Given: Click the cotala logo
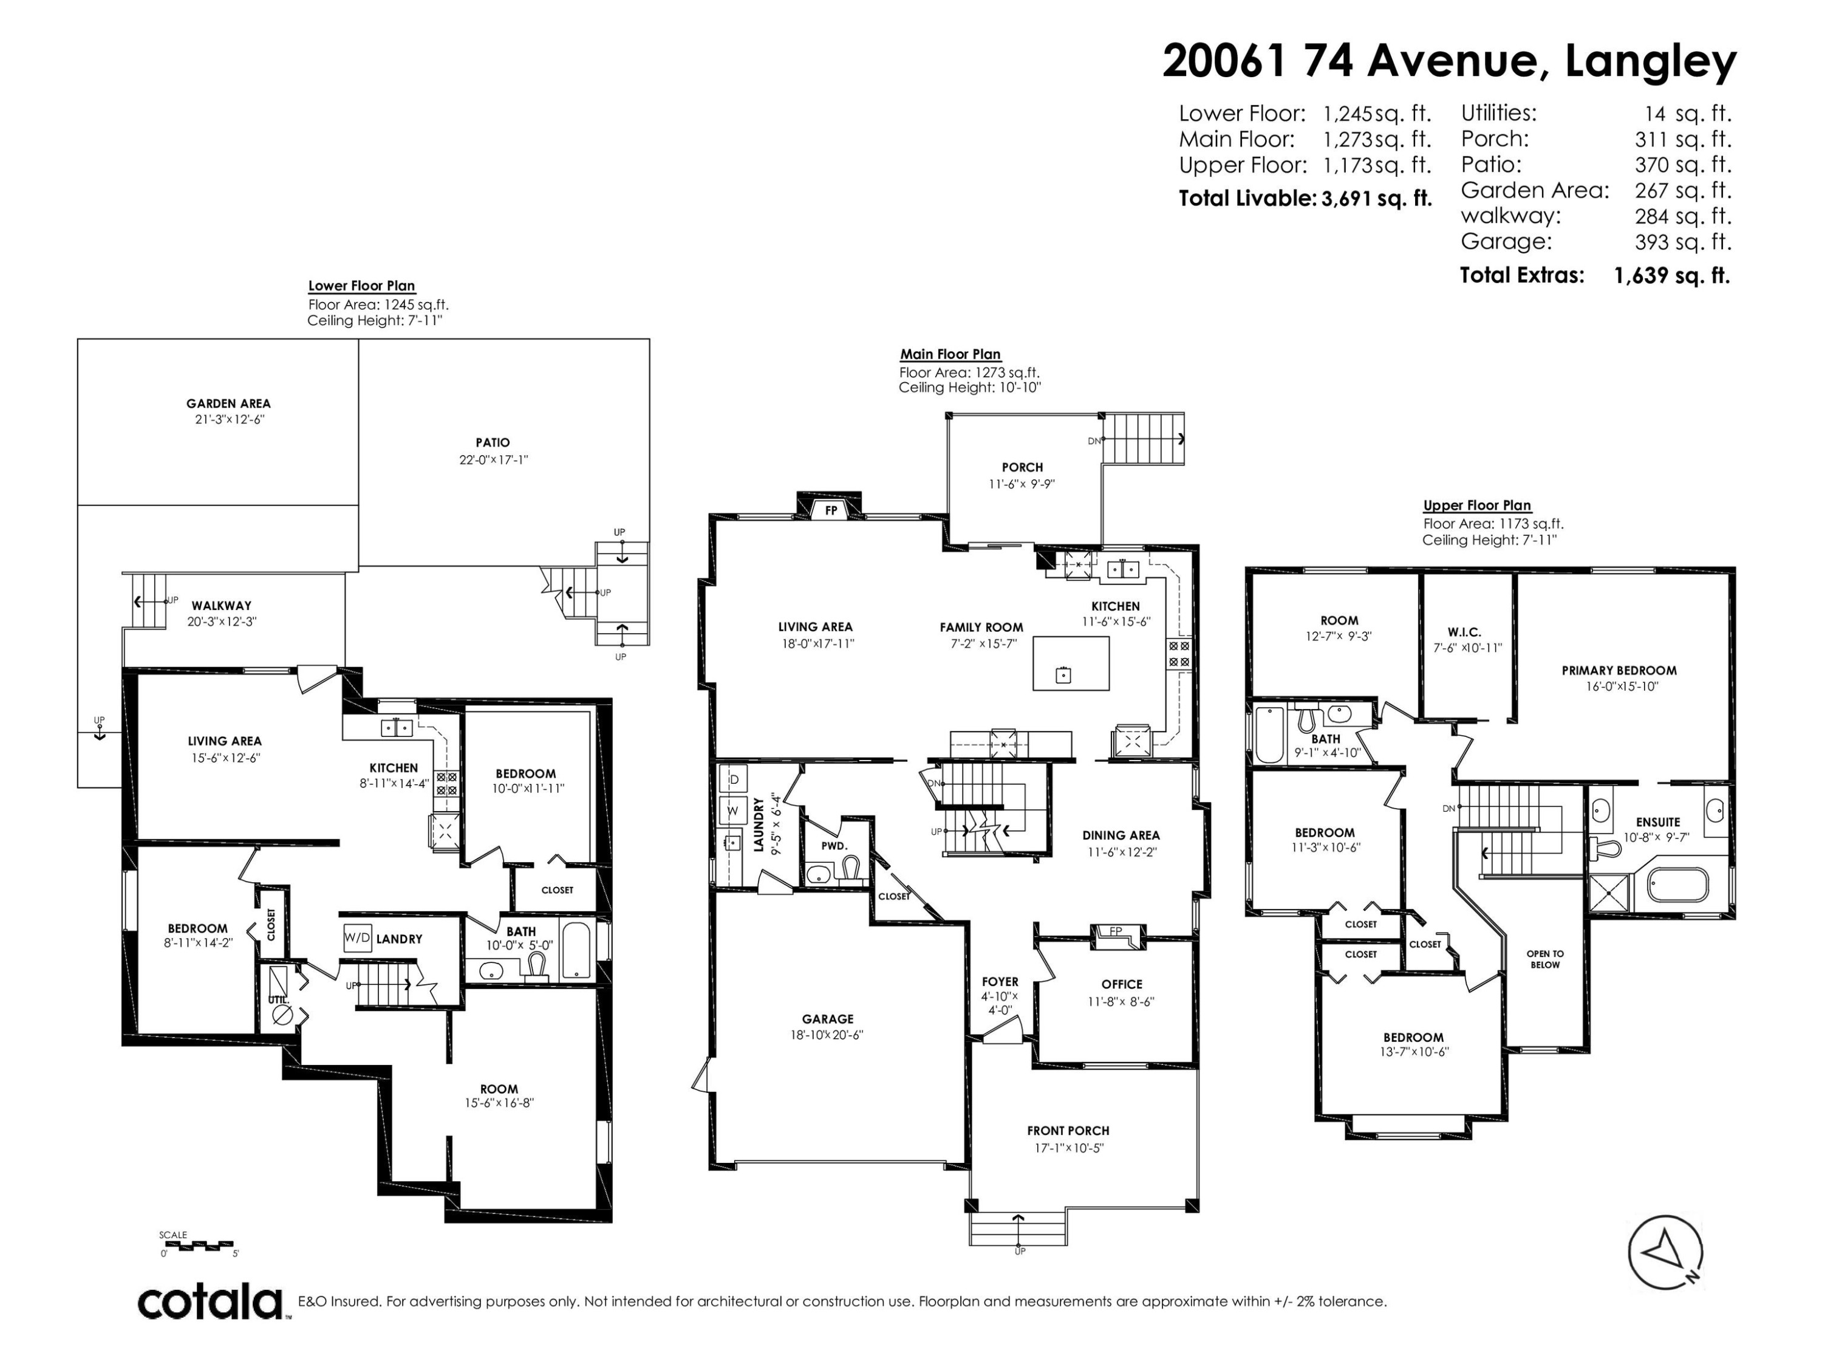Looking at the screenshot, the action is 210,1303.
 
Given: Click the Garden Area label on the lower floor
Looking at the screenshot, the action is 228,404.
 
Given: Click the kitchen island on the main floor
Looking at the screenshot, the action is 1071,663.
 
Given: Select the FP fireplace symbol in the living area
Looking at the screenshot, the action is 831,510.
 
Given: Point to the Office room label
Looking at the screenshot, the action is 1122,984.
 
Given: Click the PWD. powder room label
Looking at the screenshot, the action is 834,846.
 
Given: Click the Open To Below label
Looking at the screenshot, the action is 1545,959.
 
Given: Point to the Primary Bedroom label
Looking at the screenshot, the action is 1619,671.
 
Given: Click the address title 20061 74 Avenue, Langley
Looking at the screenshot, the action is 1450,60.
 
